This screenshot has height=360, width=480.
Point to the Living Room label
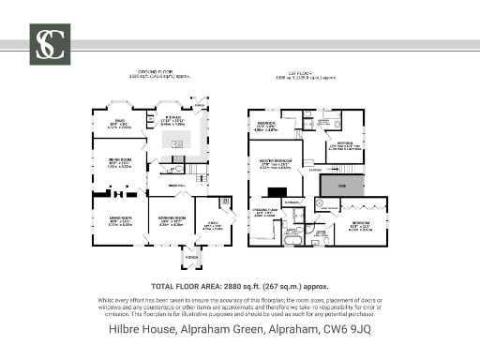[x=116, y=222]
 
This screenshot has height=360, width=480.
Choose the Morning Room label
[x=172, y=222]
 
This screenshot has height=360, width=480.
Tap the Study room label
[x=212, y=224]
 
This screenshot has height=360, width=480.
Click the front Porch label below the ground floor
[x=191, y=255]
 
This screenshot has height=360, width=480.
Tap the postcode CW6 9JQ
[x=349, y=330]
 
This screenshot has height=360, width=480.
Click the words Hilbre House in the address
[x=136, y=330]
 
